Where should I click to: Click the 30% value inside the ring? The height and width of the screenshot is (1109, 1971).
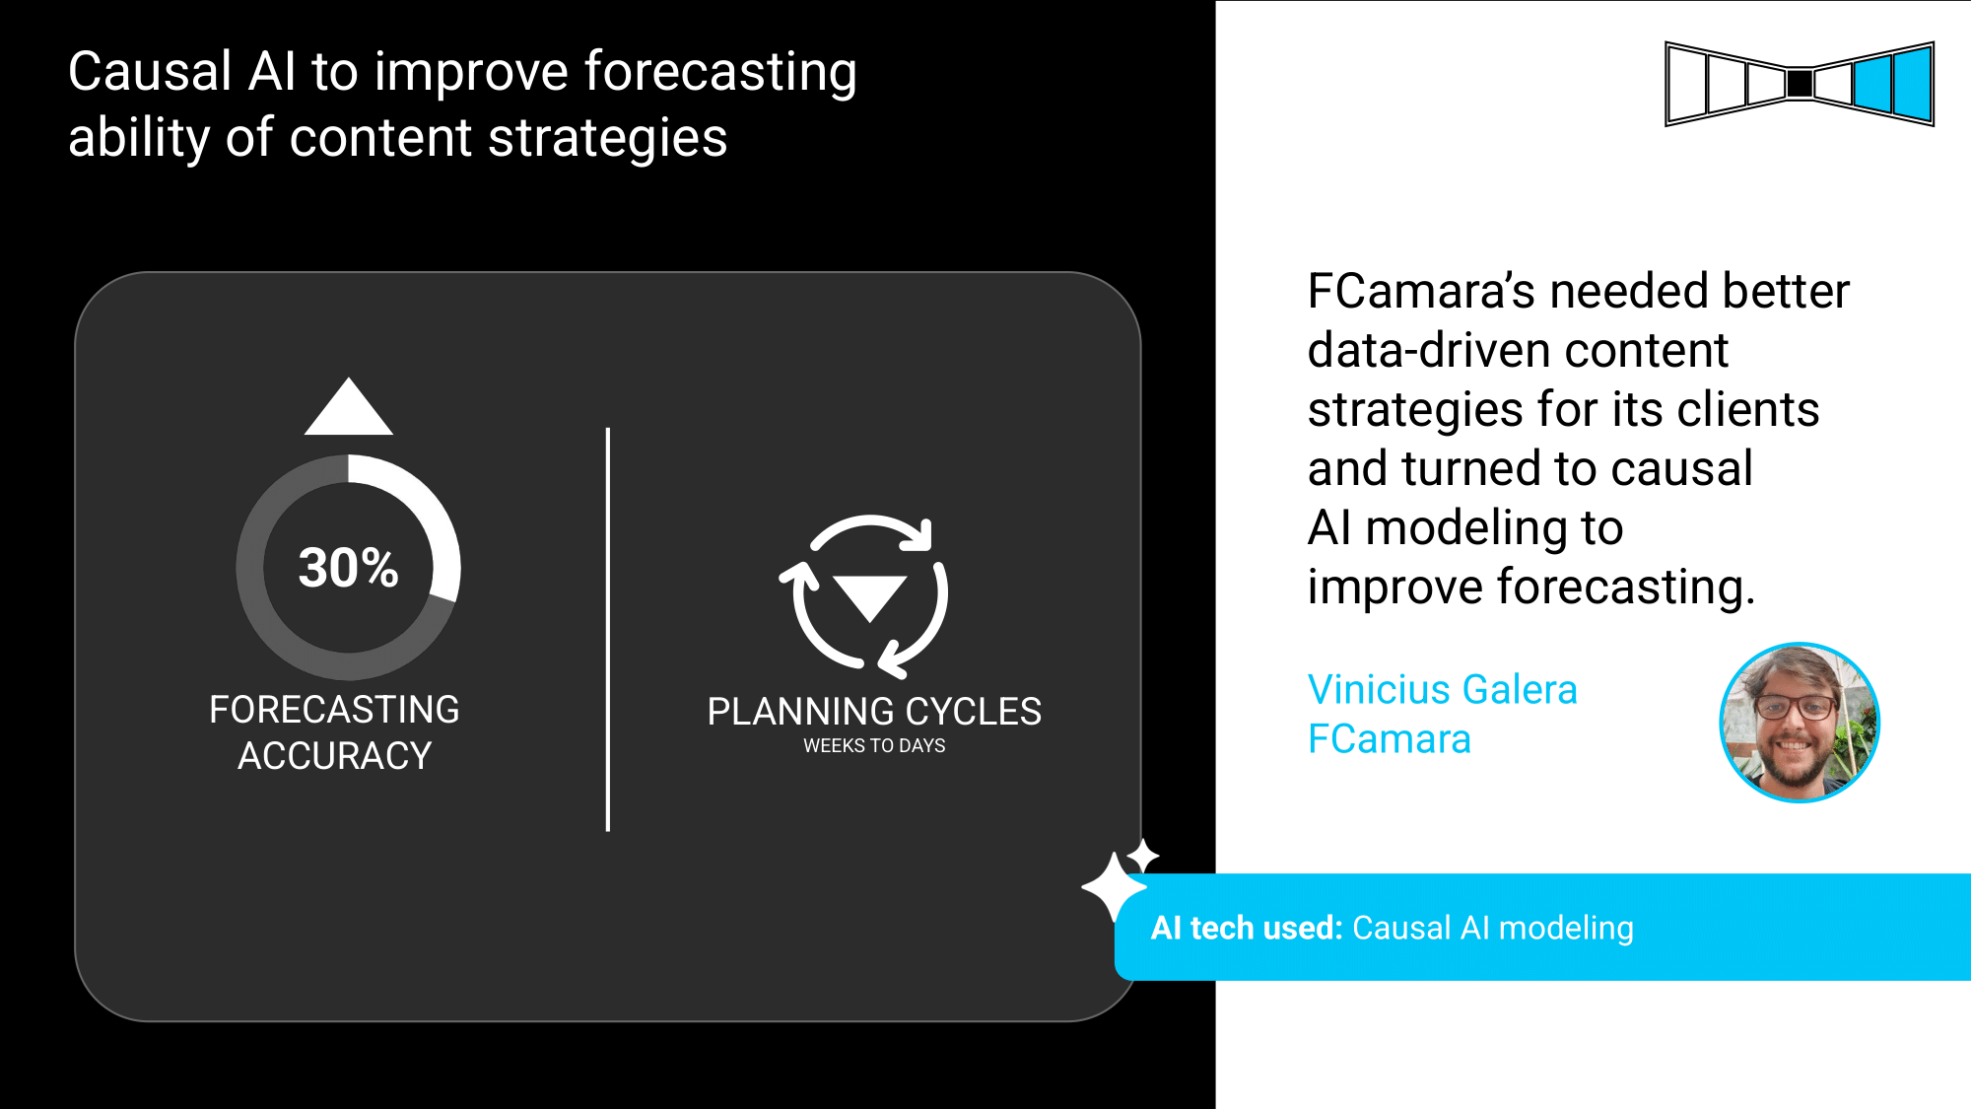pyautogui.click(x=349, y=568)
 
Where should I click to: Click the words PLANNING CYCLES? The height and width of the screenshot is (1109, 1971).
pyautogui.click(x=874, y=711)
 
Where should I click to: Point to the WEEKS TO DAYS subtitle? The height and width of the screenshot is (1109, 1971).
pyautogui.click(x=874, y=746)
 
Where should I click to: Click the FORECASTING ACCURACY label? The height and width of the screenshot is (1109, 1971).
pyautogui.click(x=335, y=732)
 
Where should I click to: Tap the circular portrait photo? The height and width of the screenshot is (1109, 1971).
pyautogui.click(x=1800, y=723)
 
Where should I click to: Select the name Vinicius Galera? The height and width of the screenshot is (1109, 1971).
pyautogui.click(x=1442, y=689)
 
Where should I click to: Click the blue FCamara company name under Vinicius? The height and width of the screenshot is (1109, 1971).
pyautogui.click(x=1389, y=739)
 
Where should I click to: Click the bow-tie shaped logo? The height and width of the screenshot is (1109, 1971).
pyautogui.click(x=1800, y=84)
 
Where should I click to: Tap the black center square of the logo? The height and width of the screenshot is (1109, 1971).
pyautogui.click(x=1800, y=84)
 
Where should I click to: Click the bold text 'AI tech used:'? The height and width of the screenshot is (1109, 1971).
pyautogui.click(x=1247, y=928)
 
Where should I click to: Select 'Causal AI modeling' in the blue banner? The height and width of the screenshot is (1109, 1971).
pyautogui.click(x=1493, y=928)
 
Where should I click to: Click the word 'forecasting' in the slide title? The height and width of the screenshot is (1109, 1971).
pyautogui.click(x=720, y=73)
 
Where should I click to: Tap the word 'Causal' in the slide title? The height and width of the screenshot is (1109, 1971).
pyautogui.click(x=150, y=71)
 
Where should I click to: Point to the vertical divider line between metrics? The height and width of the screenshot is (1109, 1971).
pyautogui.click(x=608, y=629)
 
